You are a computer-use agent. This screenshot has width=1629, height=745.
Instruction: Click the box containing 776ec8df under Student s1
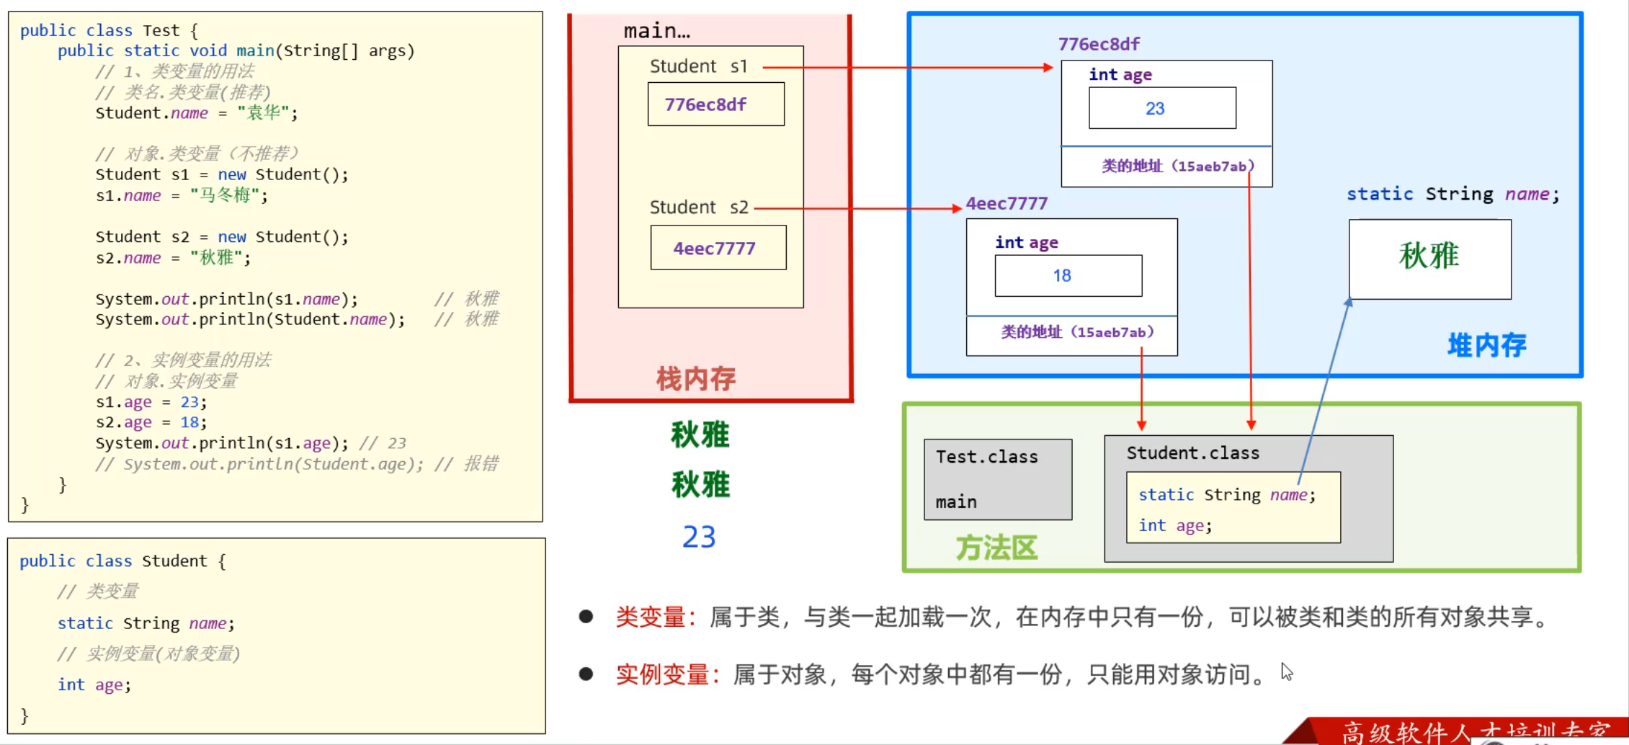coord(715,104)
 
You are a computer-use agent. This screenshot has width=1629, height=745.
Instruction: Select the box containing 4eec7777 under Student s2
coord(718,248)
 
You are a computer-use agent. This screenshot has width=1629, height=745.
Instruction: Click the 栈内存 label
coord(695,378)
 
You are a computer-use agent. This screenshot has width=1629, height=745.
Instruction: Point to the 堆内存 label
coord(1486,345)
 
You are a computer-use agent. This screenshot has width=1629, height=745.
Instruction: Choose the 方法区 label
coord(996,548)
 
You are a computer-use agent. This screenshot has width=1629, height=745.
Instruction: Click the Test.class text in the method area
coord(986,457)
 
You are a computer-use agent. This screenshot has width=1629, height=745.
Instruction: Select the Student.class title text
coord(1192,453)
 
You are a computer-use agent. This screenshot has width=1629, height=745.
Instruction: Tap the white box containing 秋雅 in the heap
coord(1429,259)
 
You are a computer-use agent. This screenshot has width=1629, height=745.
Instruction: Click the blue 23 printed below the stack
coord(698,537)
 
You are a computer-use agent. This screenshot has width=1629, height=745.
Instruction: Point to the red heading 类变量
coord(650,617)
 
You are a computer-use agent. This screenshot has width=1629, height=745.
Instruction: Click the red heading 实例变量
coord(661,674)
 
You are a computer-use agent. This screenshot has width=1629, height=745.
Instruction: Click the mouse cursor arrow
coord(1286,672)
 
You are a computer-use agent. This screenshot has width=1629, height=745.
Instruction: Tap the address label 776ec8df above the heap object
coord(1098,44)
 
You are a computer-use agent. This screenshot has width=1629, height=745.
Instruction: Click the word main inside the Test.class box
coord(956,501)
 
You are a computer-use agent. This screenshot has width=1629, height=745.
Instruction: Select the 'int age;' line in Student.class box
coord(1174,526)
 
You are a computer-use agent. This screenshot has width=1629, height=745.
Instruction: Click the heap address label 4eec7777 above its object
coord(1006,204)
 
